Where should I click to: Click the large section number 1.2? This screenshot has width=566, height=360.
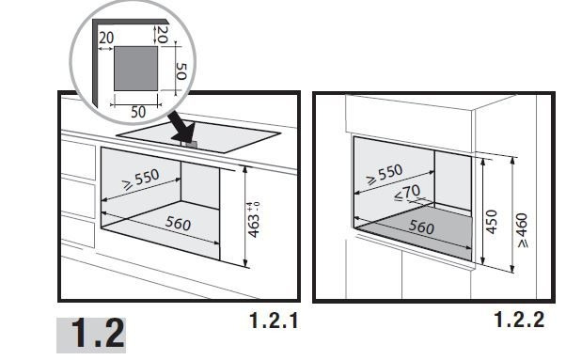(x=98, y=334)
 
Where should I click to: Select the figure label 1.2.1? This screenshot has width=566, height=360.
(x=274, y=320)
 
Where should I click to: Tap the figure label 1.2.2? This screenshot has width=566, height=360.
(x=519, y=320)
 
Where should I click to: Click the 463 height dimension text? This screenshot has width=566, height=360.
(x=254, y=226)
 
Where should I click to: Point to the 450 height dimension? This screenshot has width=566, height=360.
(x=492, y=222)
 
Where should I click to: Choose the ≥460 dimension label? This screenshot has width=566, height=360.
(x=522, y=230)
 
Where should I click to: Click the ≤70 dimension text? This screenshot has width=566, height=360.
(x=407, y=193)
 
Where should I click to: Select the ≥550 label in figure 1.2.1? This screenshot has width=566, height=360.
(x=141, y=179)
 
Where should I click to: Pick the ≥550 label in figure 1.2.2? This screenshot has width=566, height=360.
(x=385, y=174)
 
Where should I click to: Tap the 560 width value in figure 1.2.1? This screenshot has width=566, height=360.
(x=178, y=224)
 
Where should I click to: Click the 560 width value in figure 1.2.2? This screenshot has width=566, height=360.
(x=421, y=227)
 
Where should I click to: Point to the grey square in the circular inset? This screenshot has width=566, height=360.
(x=135, y=69)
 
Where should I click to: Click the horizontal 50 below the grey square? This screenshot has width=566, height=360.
(x=138, y=112)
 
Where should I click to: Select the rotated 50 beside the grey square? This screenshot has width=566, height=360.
(x=181, y=71)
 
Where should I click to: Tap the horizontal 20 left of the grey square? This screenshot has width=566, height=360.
(x=106, y=38)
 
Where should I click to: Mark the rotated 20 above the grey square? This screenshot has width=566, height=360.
(x=164, y=34)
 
